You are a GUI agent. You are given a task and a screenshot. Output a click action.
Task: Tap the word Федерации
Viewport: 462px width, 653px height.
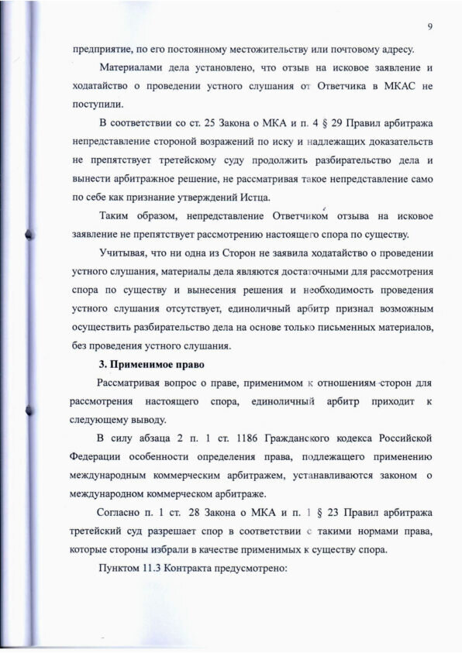pyautogui.click(x=103, y=459)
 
